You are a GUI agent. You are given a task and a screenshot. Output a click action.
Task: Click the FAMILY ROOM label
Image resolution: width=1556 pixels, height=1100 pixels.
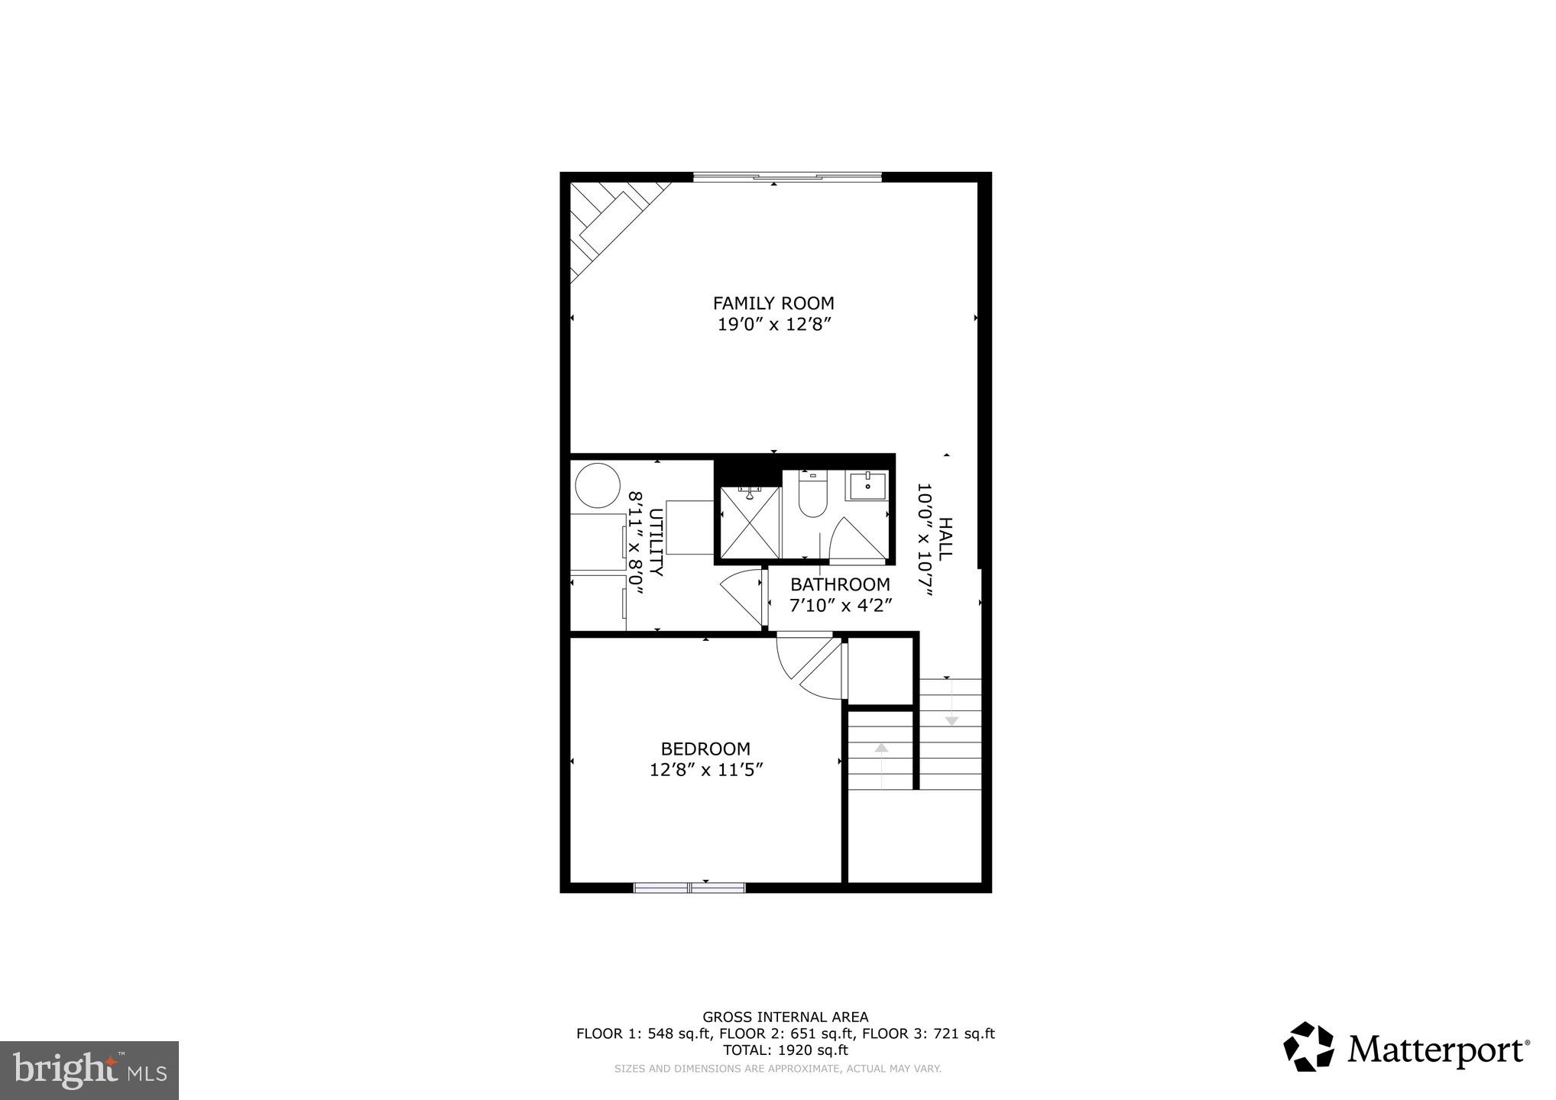coord(773,303)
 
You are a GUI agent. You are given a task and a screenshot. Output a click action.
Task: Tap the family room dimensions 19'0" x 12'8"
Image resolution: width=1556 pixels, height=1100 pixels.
coord(773,325)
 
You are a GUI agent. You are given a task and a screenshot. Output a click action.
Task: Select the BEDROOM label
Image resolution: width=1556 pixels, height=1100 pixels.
coord(705,749)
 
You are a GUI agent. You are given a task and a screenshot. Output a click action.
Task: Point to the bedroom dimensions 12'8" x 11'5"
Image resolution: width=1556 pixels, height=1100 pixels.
coord(706,770)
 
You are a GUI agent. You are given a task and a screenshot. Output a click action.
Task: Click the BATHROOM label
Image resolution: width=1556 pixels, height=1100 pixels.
coord(840,584)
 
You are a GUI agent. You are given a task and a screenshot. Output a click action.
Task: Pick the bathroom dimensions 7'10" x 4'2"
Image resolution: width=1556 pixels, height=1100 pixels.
coord(840,606)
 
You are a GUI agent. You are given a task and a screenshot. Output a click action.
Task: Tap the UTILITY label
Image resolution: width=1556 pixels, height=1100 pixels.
coord(656,542)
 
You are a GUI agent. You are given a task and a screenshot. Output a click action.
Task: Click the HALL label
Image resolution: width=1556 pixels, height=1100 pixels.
coord(945,539)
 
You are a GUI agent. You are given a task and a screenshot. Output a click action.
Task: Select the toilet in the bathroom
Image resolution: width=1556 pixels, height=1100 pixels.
coord(812,494)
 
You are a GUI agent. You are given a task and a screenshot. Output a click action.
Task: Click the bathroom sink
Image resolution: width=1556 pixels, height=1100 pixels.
coord(867,485)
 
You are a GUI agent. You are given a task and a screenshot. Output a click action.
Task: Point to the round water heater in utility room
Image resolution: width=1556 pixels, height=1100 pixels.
coord(597,484)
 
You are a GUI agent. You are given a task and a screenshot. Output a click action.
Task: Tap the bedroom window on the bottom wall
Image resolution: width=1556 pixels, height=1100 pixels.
coord(689,887)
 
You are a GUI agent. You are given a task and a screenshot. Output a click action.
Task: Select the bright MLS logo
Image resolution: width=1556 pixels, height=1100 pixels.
coord(89,1069)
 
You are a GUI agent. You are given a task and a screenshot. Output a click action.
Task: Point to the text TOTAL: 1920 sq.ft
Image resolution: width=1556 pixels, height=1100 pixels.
coord(785,1050)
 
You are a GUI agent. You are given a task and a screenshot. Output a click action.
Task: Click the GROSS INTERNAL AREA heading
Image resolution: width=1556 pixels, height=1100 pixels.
coord(785,1017)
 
